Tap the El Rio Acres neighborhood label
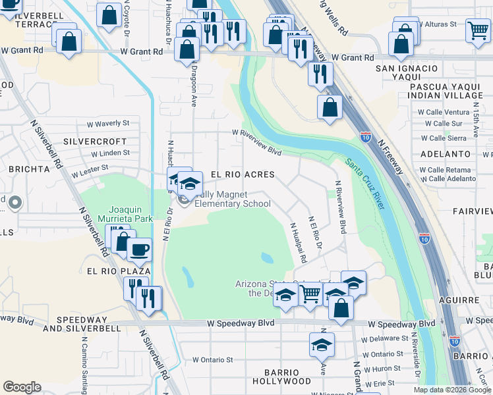242,174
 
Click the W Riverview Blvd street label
256,132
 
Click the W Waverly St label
108,123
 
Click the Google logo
22,386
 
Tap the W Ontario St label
213,360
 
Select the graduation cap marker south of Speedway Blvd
321,344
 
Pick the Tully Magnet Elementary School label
233,199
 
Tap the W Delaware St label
386,338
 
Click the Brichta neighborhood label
24,169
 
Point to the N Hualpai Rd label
299,243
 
